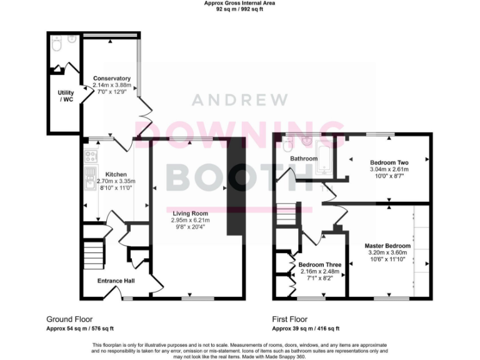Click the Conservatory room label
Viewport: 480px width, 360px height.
(x=107, y=79)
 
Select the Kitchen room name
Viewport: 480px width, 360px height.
(x=116, y=174)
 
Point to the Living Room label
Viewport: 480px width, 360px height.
(x=191, y=213)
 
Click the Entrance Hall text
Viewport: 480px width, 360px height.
(x=116, y=281)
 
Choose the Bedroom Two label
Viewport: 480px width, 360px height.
(x=389, y=162)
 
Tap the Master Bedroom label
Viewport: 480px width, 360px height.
(x=387, y=246)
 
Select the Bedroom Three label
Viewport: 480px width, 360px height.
(x=319, y=265)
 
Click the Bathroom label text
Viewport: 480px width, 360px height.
(x=303, y=159)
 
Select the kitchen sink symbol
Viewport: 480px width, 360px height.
(x=89, y=177)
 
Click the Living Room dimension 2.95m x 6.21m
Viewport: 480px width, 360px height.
(x=191, y=220)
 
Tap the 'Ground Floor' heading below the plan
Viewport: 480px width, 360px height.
(x=69, y=319)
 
